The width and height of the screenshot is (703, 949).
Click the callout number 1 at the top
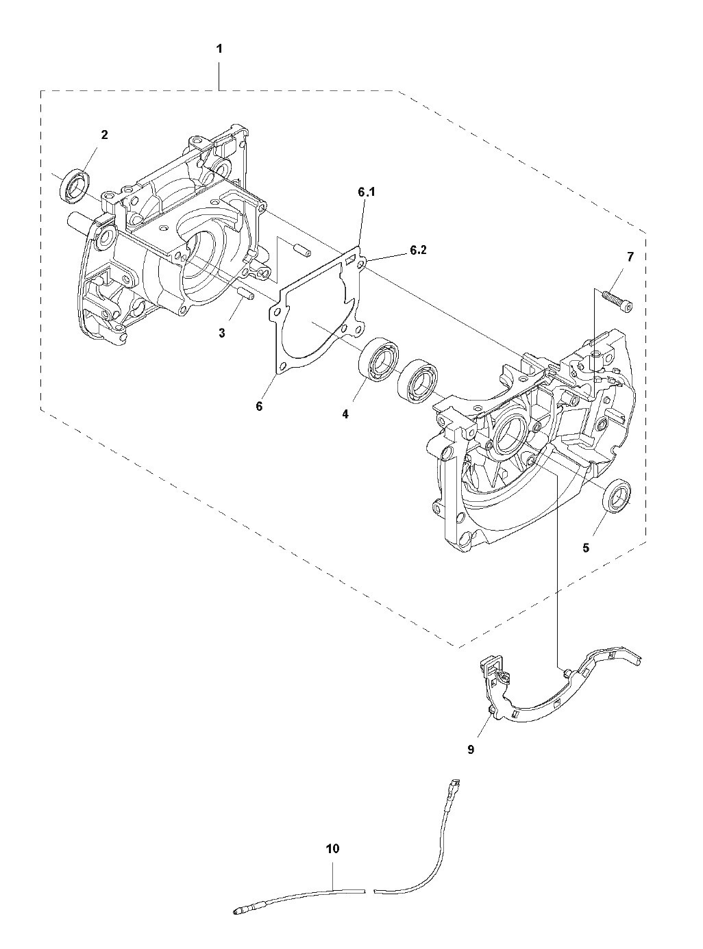click(219, 49)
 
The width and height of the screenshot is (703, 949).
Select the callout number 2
click(104, 135)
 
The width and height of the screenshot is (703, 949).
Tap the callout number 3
click(222, 333)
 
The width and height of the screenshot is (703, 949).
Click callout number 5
click(586, 548)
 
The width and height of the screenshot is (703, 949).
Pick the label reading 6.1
click(367, 193)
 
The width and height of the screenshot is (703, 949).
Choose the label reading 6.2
click(418, 251)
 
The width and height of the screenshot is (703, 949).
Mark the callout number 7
click(630, 257)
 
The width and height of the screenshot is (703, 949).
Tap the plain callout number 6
click(259, 406)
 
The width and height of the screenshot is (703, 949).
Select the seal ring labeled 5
click(617, 496)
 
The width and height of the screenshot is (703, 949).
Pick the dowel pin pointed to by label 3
click(245, 295)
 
